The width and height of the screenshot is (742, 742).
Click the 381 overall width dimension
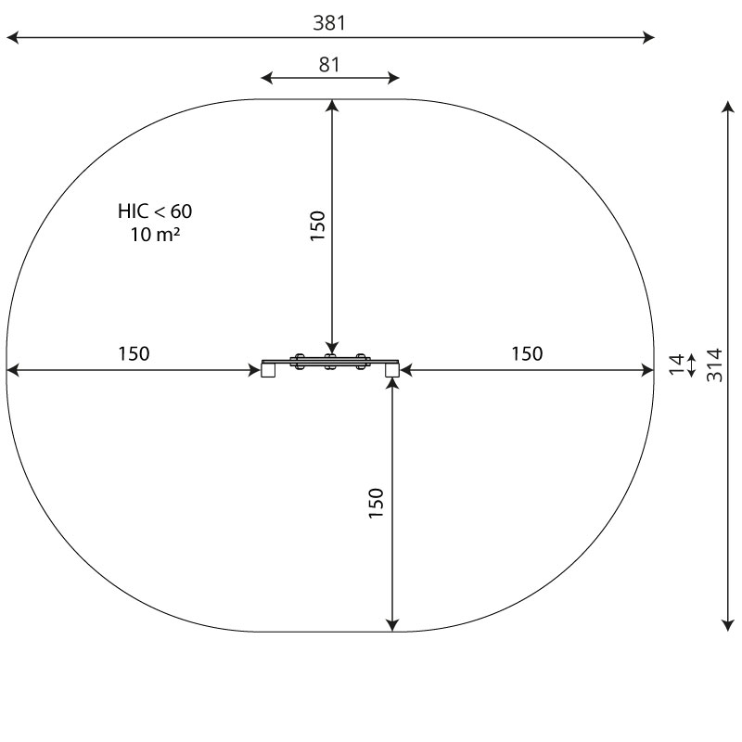[329, 22]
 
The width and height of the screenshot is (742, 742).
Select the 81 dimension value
[329, 65]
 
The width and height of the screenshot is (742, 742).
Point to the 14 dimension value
[677, 365]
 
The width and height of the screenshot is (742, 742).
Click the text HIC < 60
[155, 211]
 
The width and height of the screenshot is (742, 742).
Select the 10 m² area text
[155, 235]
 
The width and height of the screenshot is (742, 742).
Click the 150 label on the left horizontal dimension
[134, 353]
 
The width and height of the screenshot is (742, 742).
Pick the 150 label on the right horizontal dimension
[527, 353]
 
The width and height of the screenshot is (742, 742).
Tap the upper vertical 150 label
[317, 225]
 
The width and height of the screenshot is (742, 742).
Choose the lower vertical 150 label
[377, 503]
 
